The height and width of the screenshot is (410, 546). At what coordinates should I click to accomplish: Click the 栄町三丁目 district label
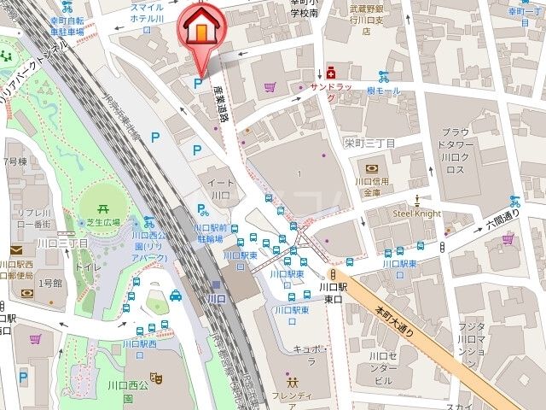pos(369,143)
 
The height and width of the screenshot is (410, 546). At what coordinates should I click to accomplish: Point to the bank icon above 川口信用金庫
pos(372,168)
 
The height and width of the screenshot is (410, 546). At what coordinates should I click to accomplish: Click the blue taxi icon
pos(175,296)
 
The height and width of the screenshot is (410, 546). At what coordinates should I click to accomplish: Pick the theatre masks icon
pos(156,376)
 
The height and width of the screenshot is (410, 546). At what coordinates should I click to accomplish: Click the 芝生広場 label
pos(102,220)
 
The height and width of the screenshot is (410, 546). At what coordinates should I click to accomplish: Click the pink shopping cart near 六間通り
pos(508,240)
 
